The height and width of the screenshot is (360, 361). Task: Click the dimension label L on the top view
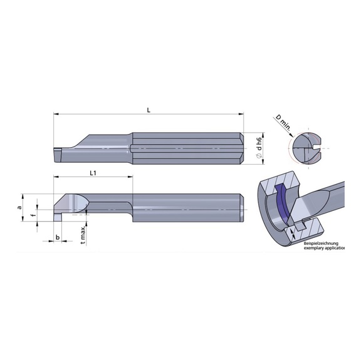click(x=148, y=110)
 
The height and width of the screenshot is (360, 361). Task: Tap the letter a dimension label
click(x=19, y=206)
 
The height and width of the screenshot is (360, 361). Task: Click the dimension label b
click(x=57, y=237)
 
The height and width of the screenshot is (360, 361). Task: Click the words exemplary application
click(x=325, y=249)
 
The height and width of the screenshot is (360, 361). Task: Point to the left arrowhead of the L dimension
click(x=56, y=115)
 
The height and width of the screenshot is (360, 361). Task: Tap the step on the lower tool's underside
click(x=133, y=216)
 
